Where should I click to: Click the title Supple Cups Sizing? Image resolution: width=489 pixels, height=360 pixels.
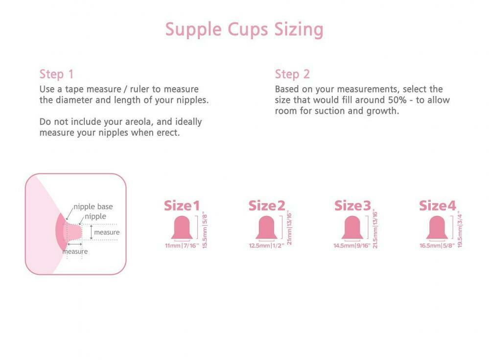[244, 29]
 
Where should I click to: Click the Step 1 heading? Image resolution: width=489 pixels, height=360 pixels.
[56, 74]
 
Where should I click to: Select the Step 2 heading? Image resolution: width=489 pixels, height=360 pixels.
[292, 74]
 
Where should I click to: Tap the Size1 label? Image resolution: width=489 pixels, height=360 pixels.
[182, 206]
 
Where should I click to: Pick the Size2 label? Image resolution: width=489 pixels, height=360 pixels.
[267, 206]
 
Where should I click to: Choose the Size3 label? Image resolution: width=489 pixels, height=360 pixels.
[352, 206]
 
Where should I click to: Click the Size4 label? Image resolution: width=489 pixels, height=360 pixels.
[437, 206]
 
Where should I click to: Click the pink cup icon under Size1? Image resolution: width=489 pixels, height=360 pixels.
[182, 227]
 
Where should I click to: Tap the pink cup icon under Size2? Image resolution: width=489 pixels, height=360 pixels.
[267, 227]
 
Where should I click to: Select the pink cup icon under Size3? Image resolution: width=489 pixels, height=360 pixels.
[352, 227]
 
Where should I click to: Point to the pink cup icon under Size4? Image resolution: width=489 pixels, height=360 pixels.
[437, 227]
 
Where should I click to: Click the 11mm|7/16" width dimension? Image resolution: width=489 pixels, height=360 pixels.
[182, 246]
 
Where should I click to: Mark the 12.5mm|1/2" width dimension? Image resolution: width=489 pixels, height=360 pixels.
[267, 246]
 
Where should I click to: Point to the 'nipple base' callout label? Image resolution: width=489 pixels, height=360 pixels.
[93, 207]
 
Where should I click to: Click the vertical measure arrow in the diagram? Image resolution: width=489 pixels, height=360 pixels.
[91, 232]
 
